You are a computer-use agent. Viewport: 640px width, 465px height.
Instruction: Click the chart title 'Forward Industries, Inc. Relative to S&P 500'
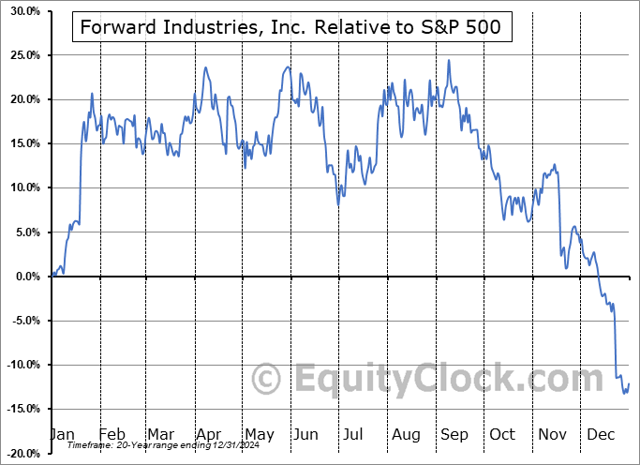tap(291, 28)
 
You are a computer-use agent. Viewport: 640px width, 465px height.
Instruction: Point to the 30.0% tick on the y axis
tap(22, 11)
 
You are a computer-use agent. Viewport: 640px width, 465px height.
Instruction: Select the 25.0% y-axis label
tap(22, 55)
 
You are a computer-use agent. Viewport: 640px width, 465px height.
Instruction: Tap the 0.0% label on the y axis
tap(24, 277)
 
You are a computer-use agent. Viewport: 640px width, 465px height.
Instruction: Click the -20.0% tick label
tap(20, 453)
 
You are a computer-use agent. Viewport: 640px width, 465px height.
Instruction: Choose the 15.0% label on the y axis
tap(22, 143)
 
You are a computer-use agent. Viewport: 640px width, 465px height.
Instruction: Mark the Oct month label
tap(503, 434)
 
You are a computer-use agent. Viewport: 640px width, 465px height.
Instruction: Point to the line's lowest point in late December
tap(624, 394)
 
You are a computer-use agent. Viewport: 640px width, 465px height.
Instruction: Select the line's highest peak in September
tap(449, 61)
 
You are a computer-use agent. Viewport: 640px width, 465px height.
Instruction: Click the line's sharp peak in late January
tap(92, 94)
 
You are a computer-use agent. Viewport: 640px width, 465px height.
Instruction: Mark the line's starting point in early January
tap(52, 276)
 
